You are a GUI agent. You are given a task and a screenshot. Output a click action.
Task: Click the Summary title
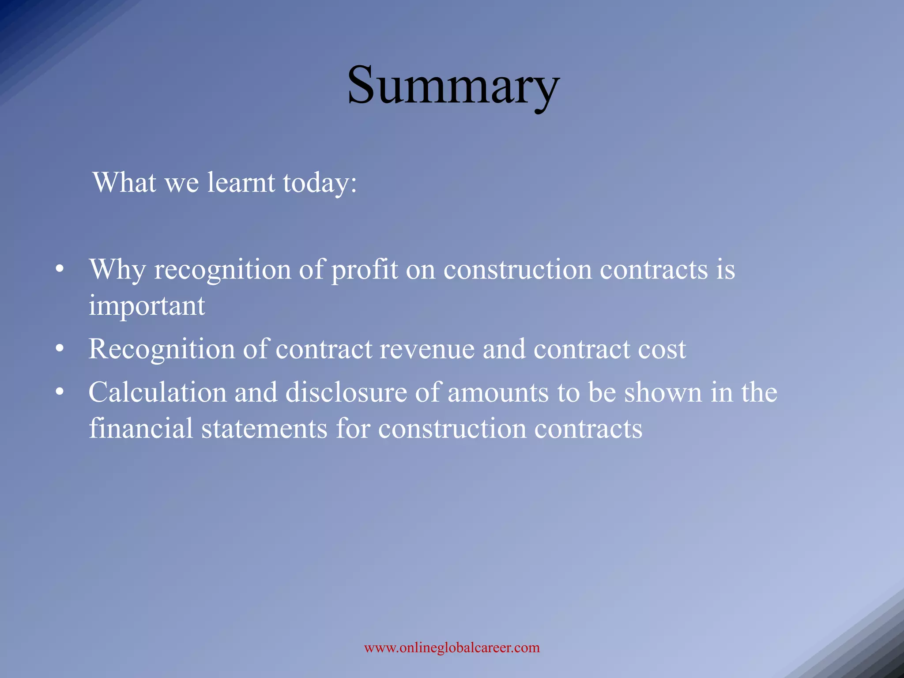453,86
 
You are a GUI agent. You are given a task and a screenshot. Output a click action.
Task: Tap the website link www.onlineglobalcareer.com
452,648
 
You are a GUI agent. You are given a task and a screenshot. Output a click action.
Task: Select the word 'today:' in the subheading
320,183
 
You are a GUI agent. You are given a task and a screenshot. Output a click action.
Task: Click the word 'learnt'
241,182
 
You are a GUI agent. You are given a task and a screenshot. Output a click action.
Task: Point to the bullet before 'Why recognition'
60,269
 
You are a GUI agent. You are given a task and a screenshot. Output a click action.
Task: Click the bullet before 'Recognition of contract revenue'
60,349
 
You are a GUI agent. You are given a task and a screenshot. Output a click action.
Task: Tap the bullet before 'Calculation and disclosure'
60,392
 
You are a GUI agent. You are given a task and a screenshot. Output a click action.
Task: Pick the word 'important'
147,306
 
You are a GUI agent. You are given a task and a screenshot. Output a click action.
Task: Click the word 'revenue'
427,349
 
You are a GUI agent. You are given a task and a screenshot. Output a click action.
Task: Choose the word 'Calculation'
157,392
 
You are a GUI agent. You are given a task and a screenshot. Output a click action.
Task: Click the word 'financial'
141,428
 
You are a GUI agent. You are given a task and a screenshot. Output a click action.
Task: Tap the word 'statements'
264,428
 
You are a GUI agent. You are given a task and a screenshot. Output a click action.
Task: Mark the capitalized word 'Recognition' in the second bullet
162,349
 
